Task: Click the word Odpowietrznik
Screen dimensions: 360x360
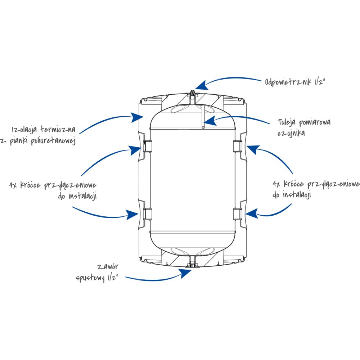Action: (x=288, y=82)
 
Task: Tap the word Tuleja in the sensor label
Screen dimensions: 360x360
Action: (x=287, y=122)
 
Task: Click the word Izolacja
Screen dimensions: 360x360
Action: (x=24, y=130)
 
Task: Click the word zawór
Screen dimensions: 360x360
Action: (x=108, y=267)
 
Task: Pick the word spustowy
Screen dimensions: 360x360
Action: (x=90, y=278)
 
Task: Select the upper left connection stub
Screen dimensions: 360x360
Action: (x=147, y=146)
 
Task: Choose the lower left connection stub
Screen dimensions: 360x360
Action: (x=147, y=214)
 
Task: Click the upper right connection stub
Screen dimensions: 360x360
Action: (x=237, y=146)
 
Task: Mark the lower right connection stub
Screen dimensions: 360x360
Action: (x=237, y=214)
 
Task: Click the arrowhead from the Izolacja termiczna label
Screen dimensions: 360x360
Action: (x=137, y=117)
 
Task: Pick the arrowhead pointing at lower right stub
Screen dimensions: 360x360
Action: (x=252, y=213)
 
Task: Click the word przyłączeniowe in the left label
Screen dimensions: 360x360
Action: (x=70, y=186)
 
